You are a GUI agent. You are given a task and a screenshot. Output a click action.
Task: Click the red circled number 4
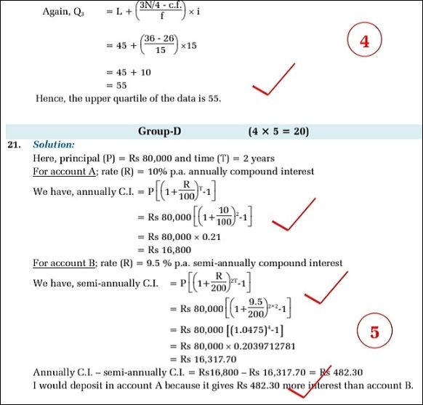click(x=364, y=41)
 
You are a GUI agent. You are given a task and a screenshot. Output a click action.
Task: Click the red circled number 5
click(x=374, y=332)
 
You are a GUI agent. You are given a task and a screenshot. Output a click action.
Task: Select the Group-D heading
click(x=159, y=131)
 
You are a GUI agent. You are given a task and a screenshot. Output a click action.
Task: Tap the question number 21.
click(x=14, y=145)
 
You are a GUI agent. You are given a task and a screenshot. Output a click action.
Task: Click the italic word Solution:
click(x=54, y=145)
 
